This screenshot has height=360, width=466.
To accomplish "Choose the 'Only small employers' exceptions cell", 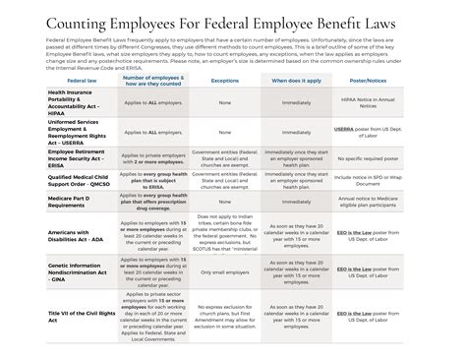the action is (225, 272).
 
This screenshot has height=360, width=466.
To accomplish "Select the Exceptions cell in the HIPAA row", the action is (225, 99).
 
